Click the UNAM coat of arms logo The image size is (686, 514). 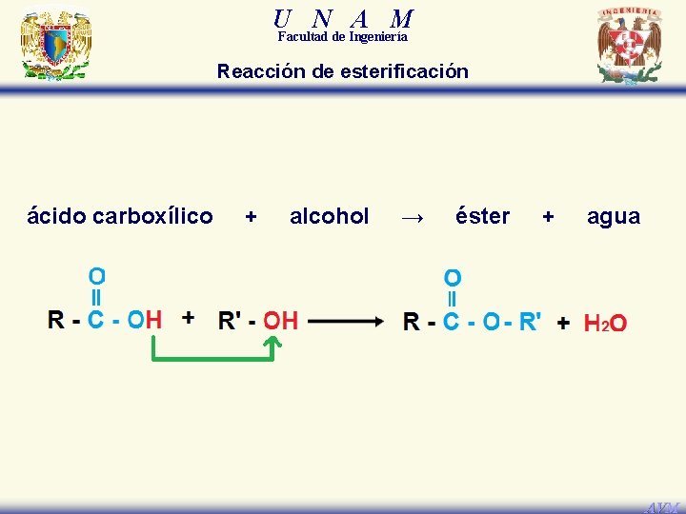(x=54, y=45)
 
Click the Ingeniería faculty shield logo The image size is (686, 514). (x=629, y=45)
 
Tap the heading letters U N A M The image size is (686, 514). (x=343, y=18)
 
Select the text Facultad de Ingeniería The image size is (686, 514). (x=343, y=37)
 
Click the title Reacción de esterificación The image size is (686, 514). (x=343, y=71)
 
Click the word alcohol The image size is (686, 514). (x=329, y=217)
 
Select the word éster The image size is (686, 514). (x=482, y=217)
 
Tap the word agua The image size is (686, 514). (x=614, y=217)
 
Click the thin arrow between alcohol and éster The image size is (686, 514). (x=412, y=218)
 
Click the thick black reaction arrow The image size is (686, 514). (x=346, y=322)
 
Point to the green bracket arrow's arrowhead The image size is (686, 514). (x=271, y=345)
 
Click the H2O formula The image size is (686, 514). (x=605, y=324)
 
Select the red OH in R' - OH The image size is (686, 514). (x=280, y=321)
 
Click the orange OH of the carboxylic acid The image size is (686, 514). (x=144, y=319)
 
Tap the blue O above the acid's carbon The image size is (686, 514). (x=97, y=276)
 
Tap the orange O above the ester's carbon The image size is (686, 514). (x=453, y=278)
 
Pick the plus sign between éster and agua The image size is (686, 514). (x=548, y=217)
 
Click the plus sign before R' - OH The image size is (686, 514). (x=189, y=317)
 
